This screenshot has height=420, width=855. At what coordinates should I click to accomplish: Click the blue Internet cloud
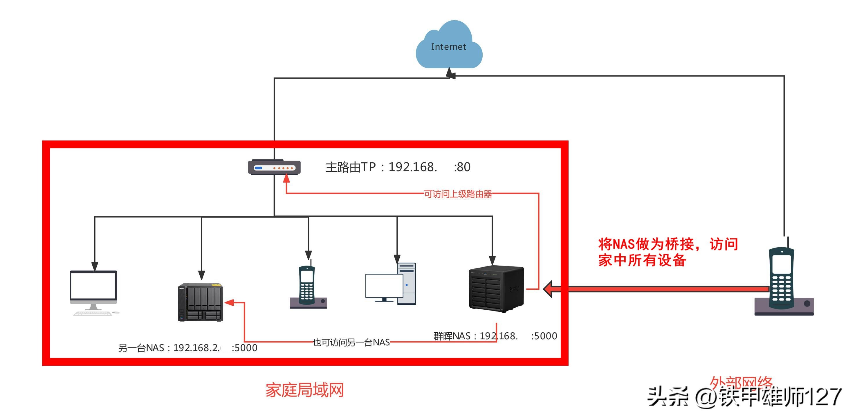449,46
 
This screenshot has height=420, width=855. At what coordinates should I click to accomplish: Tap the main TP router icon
274,167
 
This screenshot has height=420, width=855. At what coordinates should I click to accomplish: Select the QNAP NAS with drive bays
200,302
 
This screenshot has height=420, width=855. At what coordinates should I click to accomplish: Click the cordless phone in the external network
783,282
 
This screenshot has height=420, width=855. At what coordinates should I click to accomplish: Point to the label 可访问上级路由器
458,194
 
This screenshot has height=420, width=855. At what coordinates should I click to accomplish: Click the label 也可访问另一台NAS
351,342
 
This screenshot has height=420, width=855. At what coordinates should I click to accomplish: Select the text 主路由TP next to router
351,167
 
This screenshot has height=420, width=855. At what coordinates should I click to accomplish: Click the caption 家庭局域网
304,390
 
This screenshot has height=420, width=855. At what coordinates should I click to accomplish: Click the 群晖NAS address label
495,336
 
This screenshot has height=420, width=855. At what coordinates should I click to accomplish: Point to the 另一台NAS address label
187,348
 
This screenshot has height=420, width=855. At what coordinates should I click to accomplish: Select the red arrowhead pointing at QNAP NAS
229,302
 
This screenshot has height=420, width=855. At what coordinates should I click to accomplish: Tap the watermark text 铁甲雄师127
780,397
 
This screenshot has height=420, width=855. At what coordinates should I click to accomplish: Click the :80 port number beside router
462,167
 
